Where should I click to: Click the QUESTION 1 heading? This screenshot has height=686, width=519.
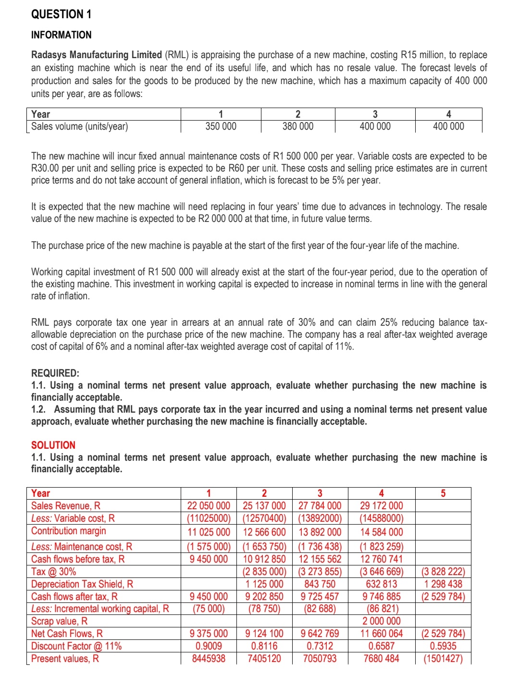coord(61,14)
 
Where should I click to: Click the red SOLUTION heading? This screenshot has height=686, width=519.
coord(53,445)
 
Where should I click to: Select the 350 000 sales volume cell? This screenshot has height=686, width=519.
coord(221,126)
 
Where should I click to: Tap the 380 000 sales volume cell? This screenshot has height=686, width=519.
coord(297,126)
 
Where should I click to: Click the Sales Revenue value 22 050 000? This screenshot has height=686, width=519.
coord(209,506)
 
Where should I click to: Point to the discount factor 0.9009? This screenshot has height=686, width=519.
coord(209,646)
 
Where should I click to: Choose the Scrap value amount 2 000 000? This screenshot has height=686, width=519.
coord(382,621)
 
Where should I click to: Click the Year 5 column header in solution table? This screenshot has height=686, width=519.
coord(443,493)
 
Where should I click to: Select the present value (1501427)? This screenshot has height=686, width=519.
coord(443,659)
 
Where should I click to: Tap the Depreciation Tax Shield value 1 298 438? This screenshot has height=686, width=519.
coord(443,584)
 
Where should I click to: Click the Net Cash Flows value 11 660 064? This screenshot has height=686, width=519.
coord(382,634)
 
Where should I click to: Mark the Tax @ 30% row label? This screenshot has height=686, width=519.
coord(53,572)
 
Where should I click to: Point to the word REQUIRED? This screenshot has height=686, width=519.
coord(55,373)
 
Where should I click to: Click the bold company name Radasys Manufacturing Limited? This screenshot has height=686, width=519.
coord(96,55)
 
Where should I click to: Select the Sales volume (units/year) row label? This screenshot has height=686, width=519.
coord(79,126)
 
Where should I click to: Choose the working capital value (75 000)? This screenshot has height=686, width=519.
coord(209,609)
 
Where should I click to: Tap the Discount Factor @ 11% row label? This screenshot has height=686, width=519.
coord(76,646)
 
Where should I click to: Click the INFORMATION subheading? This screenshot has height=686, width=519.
coord(61,35)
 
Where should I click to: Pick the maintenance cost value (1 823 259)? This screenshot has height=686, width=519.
coord(382,547)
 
